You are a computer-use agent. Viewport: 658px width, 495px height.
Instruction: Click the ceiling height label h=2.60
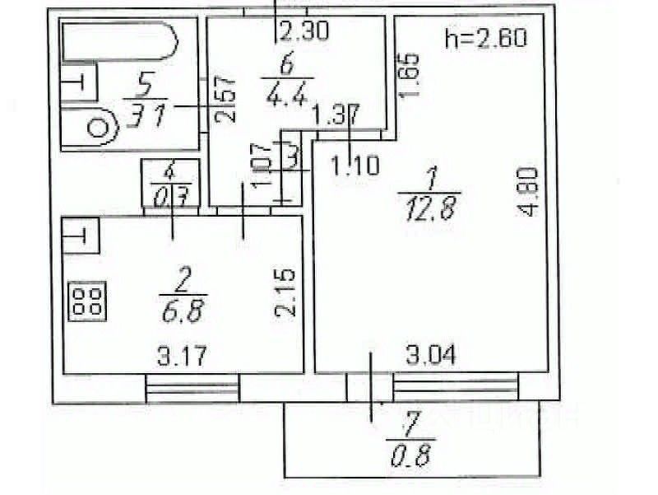484,37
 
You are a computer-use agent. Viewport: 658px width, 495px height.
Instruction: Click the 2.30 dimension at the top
304,33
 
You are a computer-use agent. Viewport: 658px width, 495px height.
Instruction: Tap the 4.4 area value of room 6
286,96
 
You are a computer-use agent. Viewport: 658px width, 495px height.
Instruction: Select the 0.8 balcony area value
410,452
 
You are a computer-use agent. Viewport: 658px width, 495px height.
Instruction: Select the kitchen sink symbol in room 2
81,236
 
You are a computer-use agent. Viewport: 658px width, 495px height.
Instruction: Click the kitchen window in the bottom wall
192,386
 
